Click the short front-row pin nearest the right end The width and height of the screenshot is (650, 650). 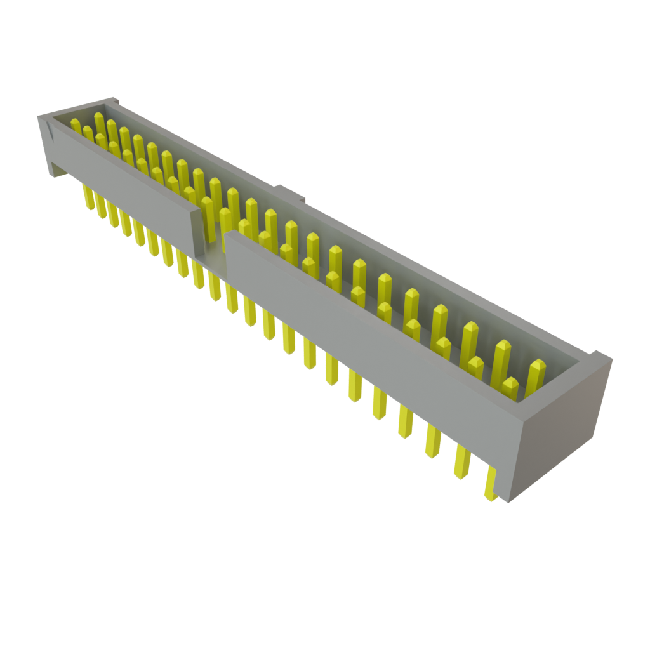pos(510,388)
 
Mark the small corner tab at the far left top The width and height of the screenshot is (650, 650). pos(114,100)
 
